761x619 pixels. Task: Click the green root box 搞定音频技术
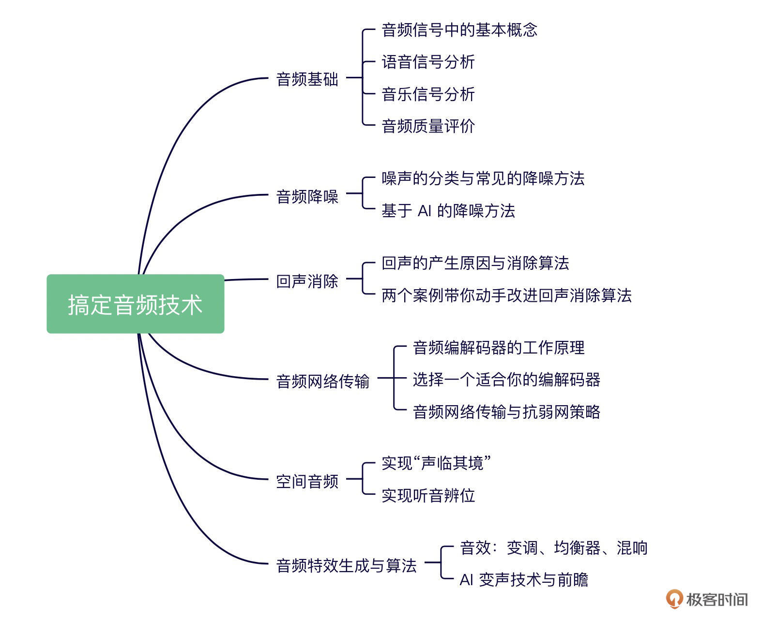(x=135, y=304)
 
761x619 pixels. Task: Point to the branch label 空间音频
(x=307, y=482)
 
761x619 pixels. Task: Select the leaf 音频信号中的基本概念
(x=459, y=30)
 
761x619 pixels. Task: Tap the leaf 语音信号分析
(x=428, y=62)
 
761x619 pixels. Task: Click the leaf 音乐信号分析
(x=428, y=94)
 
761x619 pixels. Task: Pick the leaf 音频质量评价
(x=428, y=126)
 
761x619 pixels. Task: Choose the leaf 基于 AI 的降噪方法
(x=448, y=211)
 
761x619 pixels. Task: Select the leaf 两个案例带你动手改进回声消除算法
(x=506, y=295)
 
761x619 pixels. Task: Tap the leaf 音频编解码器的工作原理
(x=499, y=348)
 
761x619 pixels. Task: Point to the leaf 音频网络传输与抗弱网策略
(x=506, y=412)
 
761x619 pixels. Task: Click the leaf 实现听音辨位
(x=428, y=496)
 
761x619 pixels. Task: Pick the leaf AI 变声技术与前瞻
(x=524, y=580)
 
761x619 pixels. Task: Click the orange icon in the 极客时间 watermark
(x=674, y=599)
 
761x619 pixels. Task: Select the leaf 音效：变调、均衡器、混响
(x=553, y=548)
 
